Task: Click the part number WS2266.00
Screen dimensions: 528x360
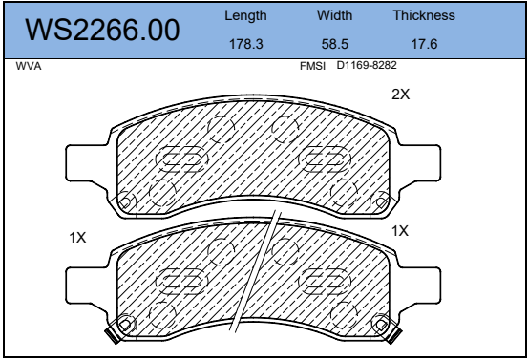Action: pos(102,30)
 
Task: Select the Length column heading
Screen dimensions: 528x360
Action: pos(245,16)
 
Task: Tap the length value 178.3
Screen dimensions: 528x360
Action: pos(245,44)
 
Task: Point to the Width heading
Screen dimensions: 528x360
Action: pos(334,15)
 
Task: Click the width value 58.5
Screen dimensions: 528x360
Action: pos(335,44)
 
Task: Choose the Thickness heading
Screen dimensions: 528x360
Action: pos(424,15)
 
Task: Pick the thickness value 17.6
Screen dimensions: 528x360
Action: pos(424,44)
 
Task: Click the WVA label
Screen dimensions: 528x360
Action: pos(29,66)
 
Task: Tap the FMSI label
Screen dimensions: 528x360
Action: pos(312,66)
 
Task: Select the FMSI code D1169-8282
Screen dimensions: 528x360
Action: pos(367,65)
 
